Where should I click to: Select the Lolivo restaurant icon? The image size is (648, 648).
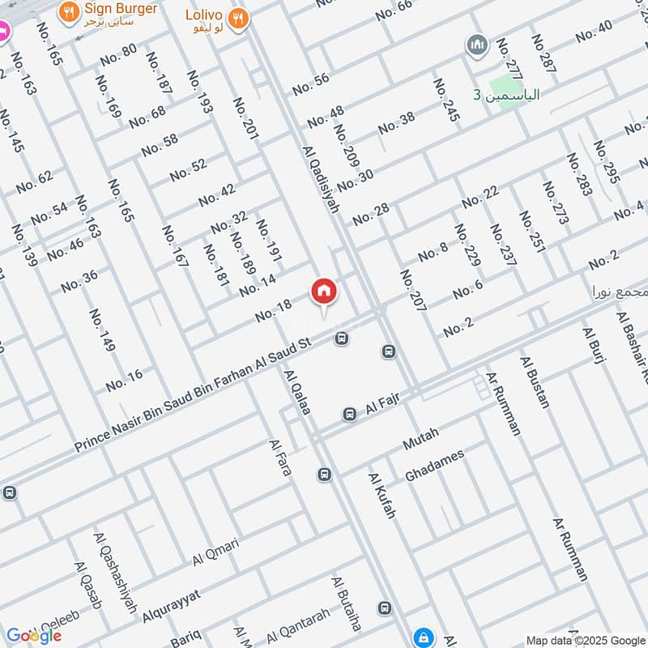point(237,18)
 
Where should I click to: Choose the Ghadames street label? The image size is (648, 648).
point(434,467)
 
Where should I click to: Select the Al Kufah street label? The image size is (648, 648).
point(382,496)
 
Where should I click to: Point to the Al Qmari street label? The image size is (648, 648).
point(215,553)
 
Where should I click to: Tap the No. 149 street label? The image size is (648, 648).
point(103,330)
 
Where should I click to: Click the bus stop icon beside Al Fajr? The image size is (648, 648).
point(350,415)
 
